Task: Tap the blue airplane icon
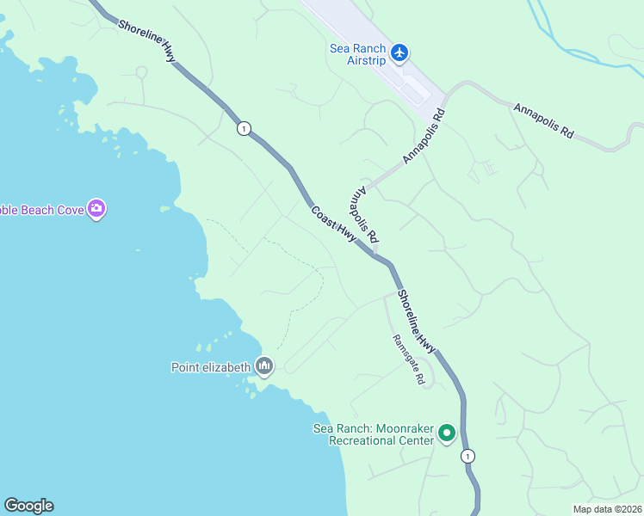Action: pos(399,52)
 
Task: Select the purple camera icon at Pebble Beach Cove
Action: pos(96,208)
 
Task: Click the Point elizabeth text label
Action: pos(211,368)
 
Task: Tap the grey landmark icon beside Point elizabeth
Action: pos(264,367)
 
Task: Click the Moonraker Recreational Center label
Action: pos(373,434)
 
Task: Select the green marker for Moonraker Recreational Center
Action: pos(446,433)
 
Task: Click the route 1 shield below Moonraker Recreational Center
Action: pos(468,456)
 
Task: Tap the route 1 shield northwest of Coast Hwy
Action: pos(245,129)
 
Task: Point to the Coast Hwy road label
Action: pos(333,224)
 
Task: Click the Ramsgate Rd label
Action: pos(408,359)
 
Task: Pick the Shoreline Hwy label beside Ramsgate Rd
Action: pos(417,320)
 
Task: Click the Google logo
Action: pos(28,506)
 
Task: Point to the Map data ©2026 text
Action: pos(608,509)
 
